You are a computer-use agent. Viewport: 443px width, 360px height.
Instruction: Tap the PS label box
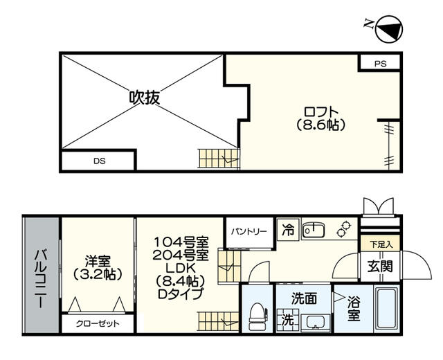pyautogui.click(x=380, y=63)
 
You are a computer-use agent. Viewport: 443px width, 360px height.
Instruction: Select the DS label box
pyautogui.click(x=99, y=162)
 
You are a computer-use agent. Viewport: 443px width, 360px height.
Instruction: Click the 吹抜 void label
pyautogui.click(x=144, y=98)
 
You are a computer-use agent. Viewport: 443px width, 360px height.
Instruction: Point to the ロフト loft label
pyautogui.click(x=320, y=111)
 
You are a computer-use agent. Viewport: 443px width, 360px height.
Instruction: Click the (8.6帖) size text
pyautogui.click(x=320, y=125)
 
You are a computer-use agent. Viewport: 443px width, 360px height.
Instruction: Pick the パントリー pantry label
pyautogui.click(x=248, y=231)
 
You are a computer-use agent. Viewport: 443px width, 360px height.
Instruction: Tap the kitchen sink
pyautogui.click(x=314, y=230)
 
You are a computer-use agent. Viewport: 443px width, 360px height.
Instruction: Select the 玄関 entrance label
pyautogui.click(x=379, y=266)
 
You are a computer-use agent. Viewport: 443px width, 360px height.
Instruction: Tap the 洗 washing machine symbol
pyautogui.click(x=287, y=321)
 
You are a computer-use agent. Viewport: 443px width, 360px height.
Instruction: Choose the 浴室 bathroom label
pyautogui.click(x=353, y=309)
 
